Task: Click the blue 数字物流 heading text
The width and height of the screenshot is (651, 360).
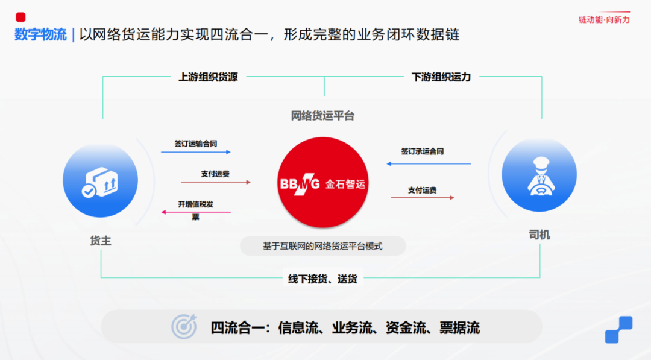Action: coord(40,34)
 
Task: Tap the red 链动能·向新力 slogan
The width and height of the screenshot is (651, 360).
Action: coord(604,19)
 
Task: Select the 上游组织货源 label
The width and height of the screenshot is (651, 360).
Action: coord(208,77)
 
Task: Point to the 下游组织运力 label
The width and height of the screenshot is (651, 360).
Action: coord(441,77)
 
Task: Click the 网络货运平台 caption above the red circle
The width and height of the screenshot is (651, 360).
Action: coord(322,116)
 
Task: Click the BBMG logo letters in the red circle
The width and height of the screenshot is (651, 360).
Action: coord(300,184)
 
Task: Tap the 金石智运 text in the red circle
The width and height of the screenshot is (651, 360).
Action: coord(345,184)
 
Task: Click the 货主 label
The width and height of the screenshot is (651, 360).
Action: coord(100,241)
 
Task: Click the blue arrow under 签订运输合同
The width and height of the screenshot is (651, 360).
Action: coord(196,153)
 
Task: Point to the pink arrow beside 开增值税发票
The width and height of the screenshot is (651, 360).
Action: coord(196,212)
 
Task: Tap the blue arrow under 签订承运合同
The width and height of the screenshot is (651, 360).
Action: coord(428,163)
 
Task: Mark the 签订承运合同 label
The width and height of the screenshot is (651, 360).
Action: coord(422,151)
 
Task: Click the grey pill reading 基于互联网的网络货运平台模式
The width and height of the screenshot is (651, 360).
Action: coord(322,246)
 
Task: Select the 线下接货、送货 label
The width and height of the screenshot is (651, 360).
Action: coord(322,279)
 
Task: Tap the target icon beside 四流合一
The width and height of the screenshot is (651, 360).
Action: coord(184,327)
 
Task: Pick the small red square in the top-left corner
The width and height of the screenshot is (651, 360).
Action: coord(20,17)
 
